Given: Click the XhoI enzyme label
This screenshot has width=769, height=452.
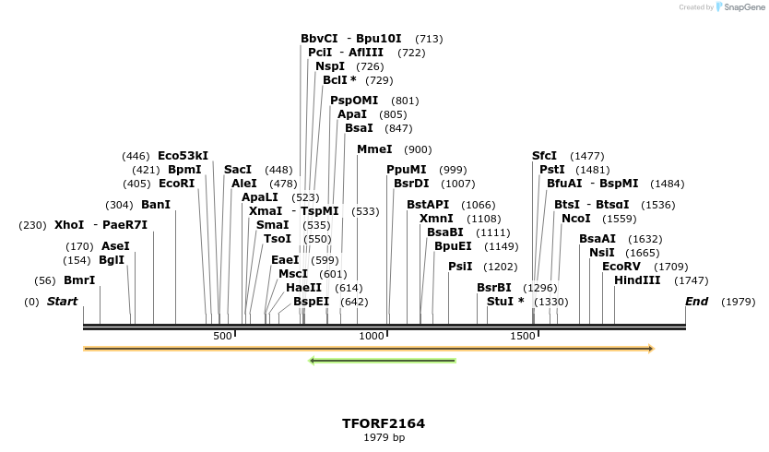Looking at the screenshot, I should click(x=69, y=225).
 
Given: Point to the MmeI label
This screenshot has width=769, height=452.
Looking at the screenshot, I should click(x=374, y=149).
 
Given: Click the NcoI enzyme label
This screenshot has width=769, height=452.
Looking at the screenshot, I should click(x=576, y=219).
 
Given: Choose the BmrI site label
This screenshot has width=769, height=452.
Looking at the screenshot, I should click(x=79, y=280).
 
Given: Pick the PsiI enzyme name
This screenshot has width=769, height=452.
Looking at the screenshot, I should click(x=460, y=267).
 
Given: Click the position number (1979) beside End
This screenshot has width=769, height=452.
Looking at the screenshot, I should click(x=738, y=302).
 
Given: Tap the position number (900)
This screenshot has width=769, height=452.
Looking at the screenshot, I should click(x=418, y=149).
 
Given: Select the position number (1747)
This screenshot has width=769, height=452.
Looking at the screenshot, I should click(x=692, y=280).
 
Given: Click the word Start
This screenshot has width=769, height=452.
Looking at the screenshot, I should click(x=63, y=302).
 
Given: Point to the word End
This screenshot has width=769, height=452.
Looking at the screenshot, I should click(x=696, y=302).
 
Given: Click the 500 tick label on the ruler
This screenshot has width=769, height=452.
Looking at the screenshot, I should click(x=222, y=337).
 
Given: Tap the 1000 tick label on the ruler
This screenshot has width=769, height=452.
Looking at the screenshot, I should click(x=372, y=337).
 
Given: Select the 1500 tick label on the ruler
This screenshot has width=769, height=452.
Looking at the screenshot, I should click(x=522, y=337).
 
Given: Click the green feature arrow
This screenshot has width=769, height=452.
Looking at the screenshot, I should click(x=383, y=361).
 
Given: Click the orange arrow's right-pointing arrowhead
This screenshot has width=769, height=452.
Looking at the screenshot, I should click(x=650, y=349).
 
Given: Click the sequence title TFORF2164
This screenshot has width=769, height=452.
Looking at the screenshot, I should click(x=384, y=423).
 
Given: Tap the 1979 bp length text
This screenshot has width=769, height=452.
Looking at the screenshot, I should click(x=384, y=437).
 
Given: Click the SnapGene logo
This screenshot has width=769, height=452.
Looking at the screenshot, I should click(x=740, y=7).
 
